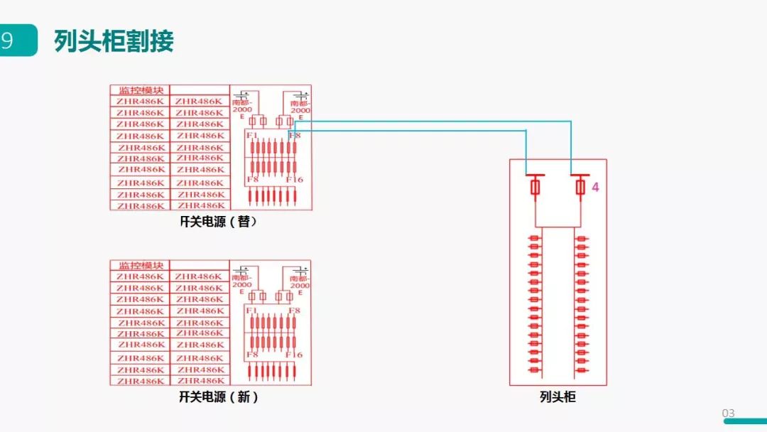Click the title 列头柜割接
tap(114, 41)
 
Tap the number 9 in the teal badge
tap(8, 40)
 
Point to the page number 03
tap(729, 414)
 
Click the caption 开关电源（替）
tap(218, 222)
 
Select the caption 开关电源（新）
tap(218, 397)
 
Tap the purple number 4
tap(596, 188)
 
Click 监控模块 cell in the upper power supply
tap(141, 90)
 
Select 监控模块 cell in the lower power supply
tap(141, 265)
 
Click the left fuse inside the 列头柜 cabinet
tap(535, 188)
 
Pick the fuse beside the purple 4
tap(580, 188)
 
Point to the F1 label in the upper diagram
tap(251, 135)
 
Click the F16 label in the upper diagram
tap(295, 180)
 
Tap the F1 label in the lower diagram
tap(251, 310)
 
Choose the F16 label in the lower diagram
tap(295, 355)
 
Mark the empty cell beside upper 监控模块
tap(200, 90)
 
